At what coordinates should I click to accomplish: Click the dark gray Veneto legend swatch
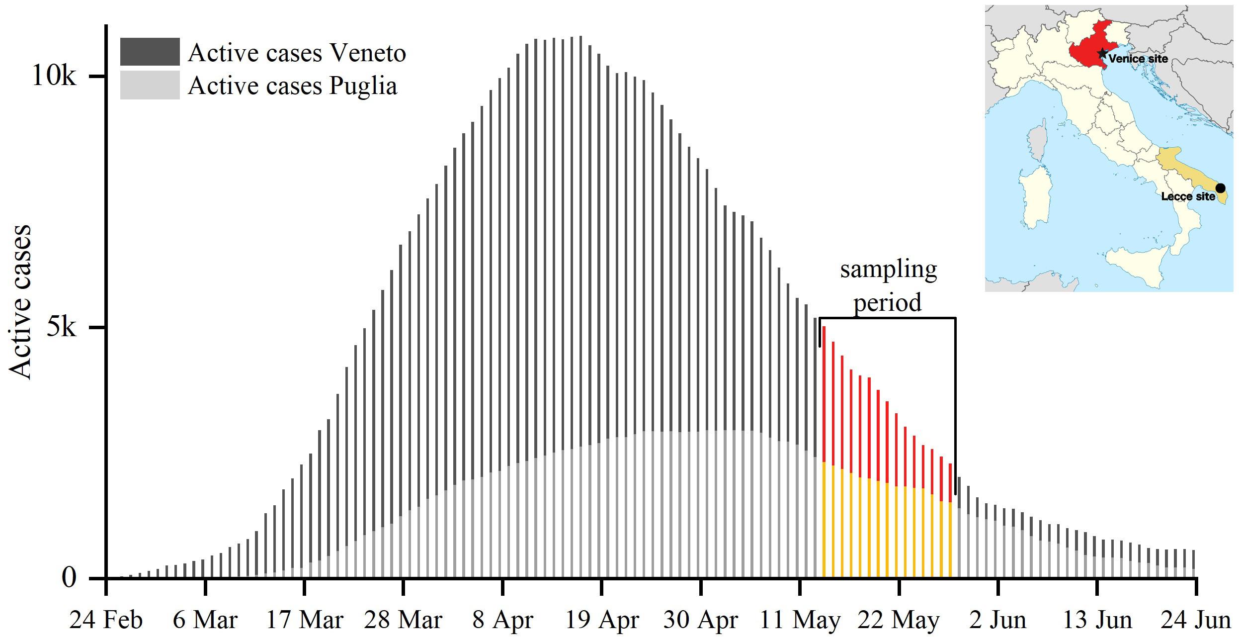click(150, 52)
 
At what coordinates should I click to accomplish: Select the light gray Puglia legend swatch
click(150, 85)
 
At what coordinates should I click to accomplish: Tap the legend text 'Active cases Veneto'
click(297, 53)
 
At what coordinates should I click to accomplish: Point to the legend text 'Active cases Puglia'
click(292, 86)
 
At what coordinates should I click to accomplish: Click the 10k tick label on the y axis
click(54, 76)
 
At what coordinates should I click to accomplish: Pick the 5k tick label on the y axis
click(61, 327)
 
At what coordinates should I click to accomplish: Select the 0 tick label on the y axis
click(69, 578)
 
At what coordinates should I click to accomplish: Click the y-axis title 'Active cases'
click(21, 302)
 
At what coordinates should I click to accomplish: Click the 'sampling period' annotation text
click(888, 286)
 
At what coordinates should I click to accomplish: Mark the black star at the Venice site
click(1102, 53)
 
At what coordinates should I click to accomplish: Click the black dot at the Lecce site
click(1220, 188)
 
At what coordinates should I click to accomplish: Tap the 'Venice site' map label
click(1138, 59)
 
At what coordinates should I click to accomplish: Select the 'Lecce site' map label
click(1188, 196)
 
